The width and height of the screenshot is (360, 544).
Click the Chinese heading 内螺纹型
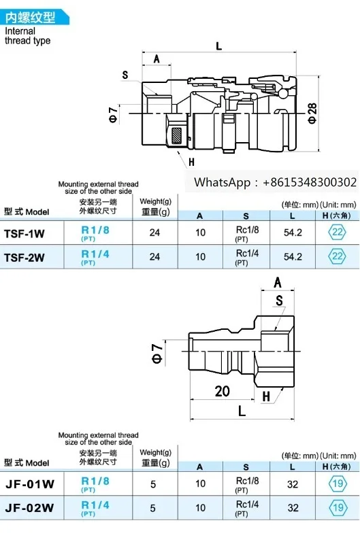[28, 18]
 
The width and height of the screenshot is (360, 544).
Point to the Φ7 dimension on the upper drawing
[113, 114]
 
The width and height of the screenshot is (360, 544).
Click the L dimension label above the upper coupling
[218, 46]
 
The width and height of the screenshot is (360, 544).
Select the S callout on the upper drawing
[125, 75]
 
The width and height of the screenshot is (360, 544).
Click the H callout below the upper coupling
[191, 161]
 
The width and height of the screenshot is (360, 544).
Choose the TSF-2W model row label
[24, 257]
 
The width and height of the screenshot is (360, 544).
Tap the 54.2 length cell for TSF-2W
[293, 257]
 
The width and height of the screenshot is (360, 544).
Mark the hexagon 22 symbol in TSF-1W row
[337, 232]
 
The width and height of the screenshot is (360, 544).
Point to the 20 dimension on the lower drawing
[223, 390]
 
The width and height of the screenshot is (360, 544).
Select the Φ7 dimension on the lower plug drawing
[157, 356]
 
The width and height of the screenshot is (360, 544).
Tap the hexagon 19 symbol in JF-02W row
[337, 508]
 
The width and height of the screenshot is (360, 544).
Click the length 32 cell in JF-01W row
[293, 483]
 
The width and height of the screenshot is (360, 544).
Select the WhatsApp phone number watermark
[275, 182]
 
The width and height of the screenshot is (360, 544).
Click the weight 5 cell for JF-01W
[154, 483]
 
